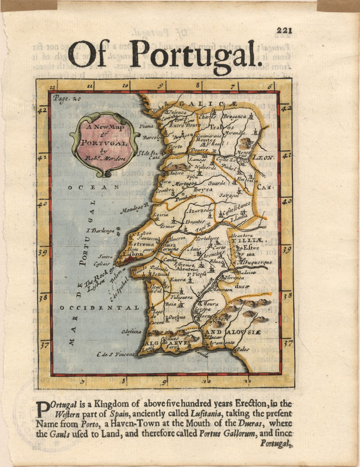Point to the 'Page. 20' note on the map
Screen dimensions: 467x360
[65, 98]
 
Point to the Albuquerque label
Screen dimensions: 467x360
[255, 261]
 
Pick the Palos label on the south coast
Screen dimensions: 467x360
[243, 349]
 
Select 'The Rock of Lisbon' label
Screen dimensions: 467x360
[98, 282]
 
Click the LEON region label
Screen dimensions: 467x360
[264, 157]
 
